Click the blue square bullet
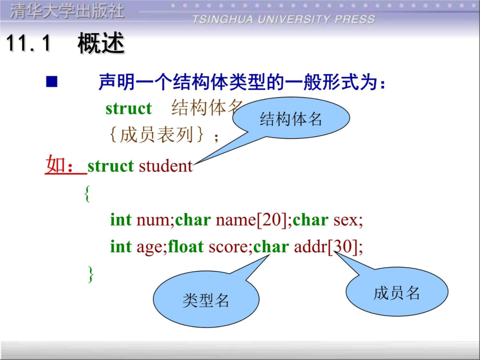pos(51,82)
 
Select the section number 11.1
pos(28,43)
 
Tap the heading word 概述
pos(101,43)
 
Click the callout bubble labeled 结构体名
pos(291,118)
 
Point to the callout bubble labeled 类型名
pos(206,299)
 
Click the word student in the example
pos(166,166)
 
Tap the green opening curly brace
pos(87,194)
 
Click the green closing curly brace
pos(91,274)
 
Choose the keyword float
pos(186,246)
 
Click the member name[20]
pos(251,220)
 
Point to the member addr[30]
pos(326,246)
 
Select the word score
pos(228,247)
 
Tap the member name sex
pos(346,220)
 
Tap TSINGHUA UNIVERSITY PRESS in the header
pos(284,19)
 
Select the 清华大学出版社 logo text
pos(67,12)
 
